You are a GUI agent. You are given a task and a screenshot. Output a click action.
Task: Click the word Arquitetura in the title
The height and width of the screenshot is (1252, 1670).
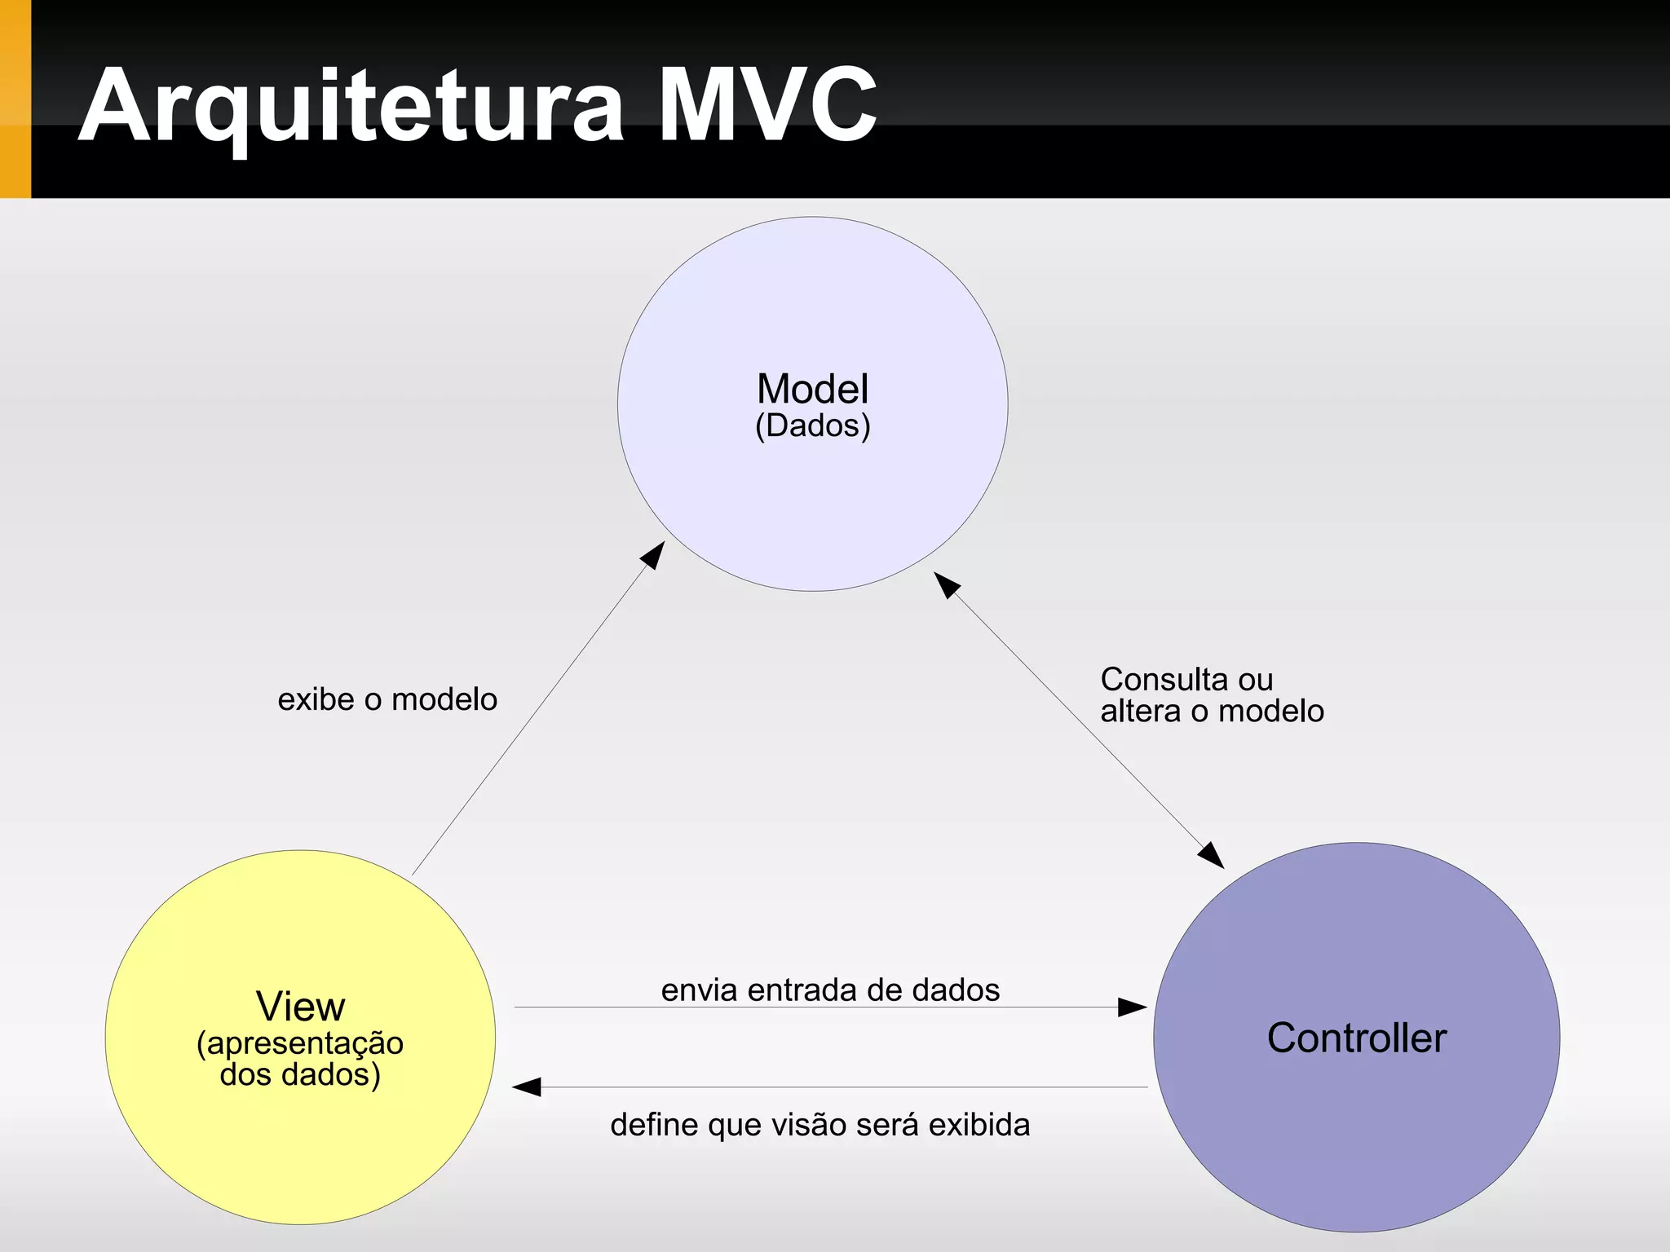coord(351,106)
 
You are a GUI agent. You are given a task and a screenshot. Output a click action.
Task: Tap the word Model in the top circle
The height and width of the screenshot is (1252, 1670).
coord(812,389)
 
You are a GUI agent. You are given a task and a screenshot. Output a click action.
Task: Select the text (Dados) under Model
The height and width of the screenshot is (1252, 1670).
coord(812,425)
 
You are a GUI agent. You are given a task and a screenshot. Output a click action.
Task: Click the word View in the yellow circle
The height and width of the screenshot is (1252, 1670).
coord(300,1006)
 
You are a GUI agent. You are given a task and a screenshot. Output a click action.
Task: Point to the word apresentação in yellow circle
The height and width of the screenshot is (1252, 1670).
coord(305,1044)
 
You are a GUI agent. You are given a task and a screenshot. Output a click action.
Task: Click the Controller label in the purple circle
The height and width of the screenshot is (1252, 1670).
coord(1356,1038)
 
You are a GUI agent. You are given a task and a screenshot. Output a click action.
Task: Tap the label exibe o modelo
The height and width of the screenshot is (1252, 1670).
coord(387,699)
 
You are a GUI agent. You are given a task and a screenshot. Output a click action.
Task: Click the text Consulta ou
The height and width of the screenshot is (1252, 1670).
coord(1186,679)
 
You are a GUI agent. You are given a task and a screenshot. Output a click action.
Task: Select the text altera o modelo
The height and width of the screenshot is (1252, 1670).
coord(1212,711)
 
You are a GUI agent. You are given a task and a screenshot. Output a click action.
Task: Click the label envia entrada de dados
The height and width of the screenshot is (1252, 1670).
coord(830,990)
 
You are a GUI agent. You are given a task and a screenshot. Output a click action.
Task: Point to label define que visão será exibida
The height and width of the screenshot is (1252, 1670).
coord(820,1125)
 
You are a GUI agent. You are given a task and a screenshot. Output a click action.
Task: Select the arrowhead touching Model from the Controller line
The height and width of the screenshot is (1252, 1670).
coord(946,584)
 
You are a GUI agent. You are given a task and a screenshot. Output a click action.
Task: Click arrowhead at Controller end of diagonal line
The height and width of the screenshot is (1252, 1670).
coord(1212,856)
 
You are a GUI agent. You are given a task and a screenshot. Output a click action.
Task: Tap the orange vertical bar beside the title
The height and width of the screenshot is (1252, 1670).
coord(15,99)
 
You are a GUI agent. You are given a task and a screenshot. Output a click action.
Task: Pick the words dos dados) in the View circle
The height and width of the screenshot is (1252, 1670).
coord(300,1074)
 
